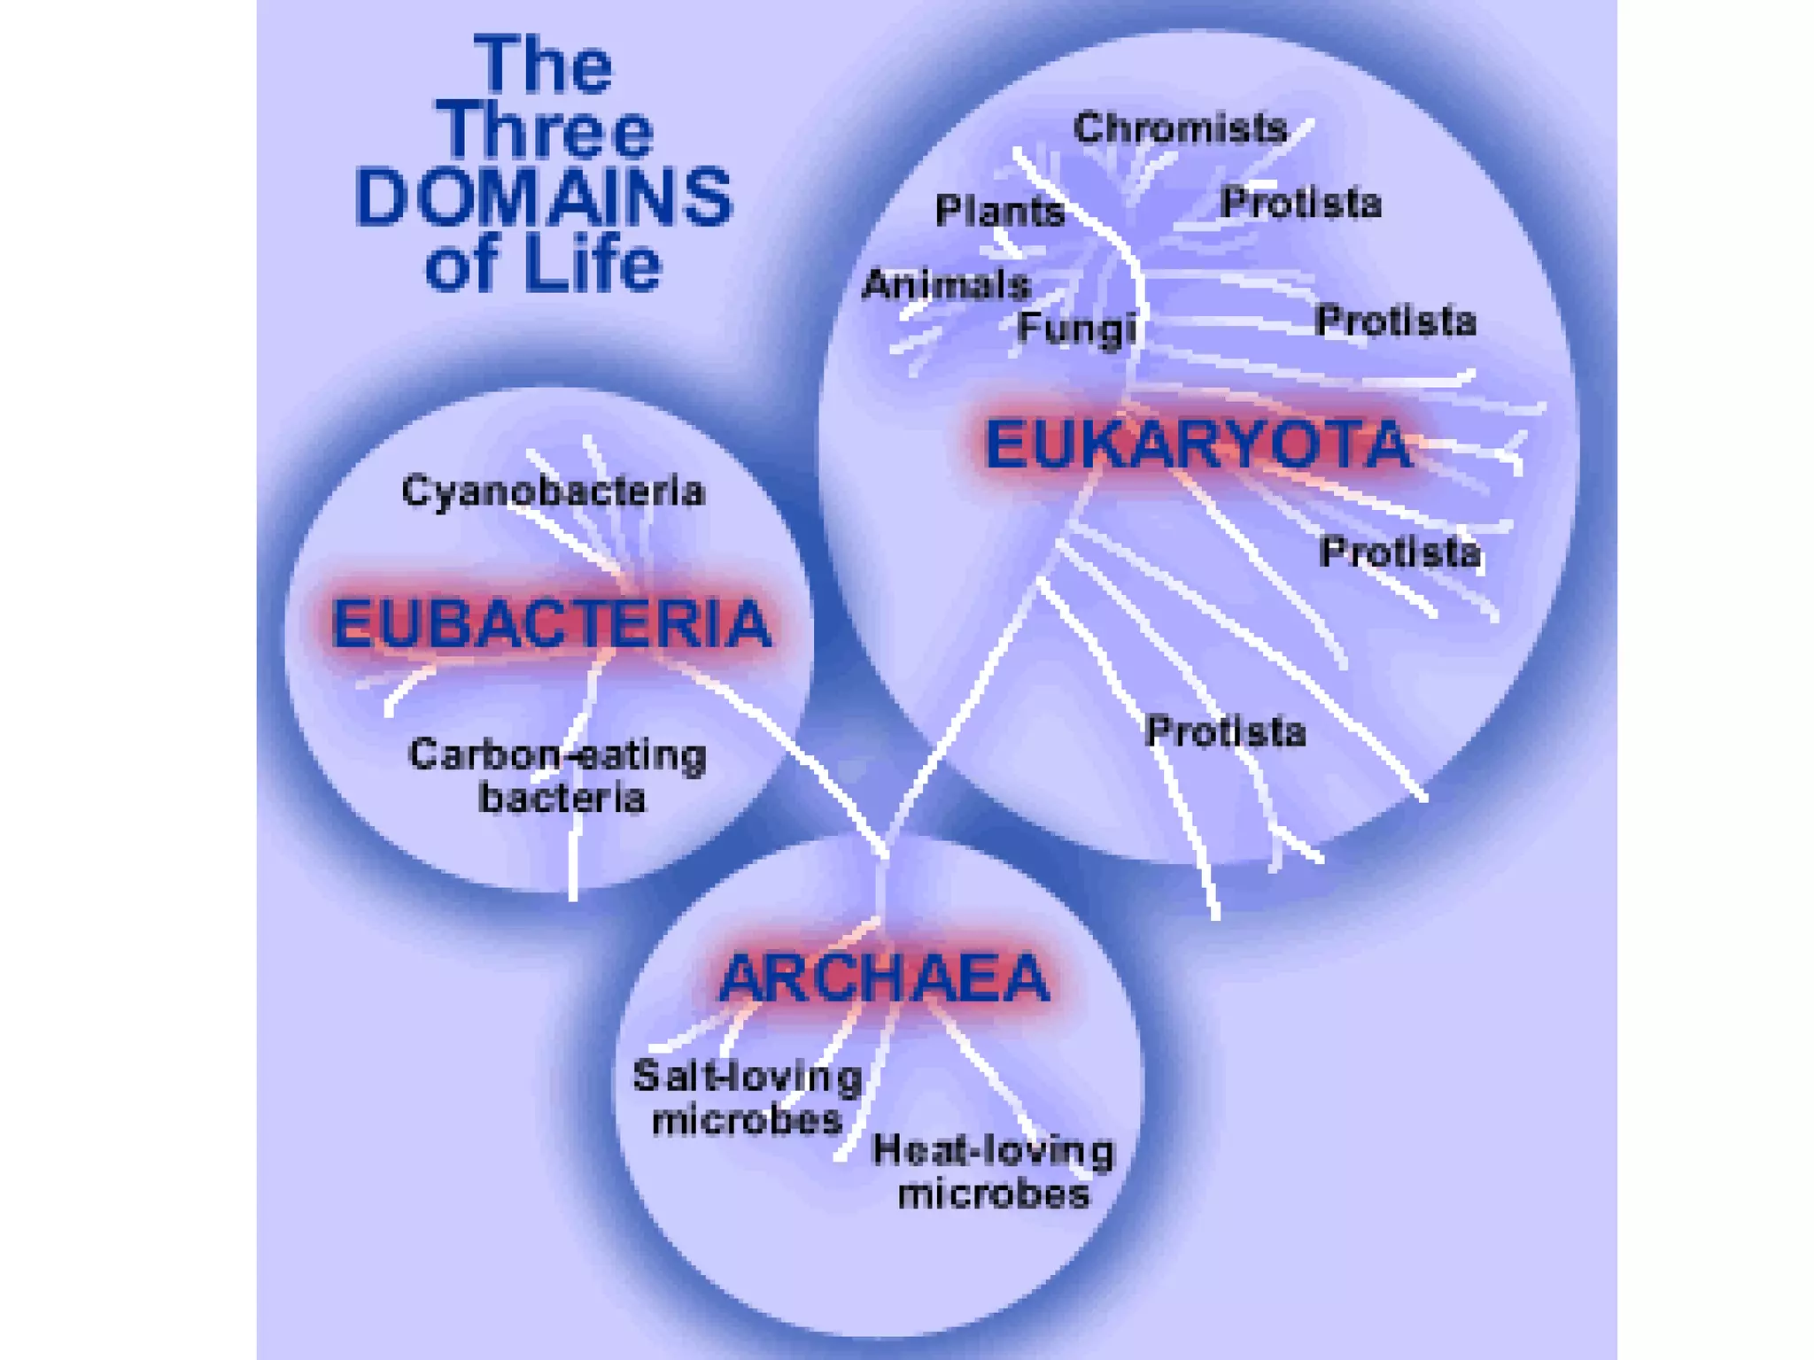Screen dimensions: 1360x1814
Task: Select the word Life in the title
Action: point(592,264)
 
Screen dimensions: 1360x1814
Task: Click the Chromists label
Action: point(1180,128)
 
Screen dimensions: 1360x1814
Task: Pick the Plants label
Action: point(1000,211)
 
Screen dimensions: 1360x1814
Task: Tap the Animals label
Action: point(947,284)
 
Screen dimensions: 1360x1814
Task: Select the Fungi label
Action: point(1076,328)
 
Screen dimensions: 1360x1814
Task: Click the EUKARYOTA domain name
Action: point(1198,444)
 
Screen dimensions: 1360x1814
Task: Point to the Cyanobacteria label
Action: point(554,491)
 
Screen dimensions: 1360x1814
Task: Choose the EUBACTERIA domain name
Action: point(551,623)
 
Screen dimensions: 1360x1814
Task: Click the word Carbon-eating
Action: point(557,755)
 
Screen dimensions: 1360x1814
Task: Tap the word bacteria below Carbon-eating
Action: point(562,798)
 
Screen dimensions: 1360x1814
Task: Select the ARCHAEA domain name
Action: point(884,978)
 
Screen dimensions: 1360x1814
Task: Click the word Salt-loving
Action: point(748,1077)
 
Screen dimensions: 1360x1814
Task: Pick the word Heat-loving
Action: point(993,1150)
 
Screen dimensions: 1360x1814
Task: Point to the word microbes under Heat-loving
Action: point(993,1194)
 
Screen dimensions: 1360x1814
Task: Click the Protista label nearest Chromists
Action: point(1300,203)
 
